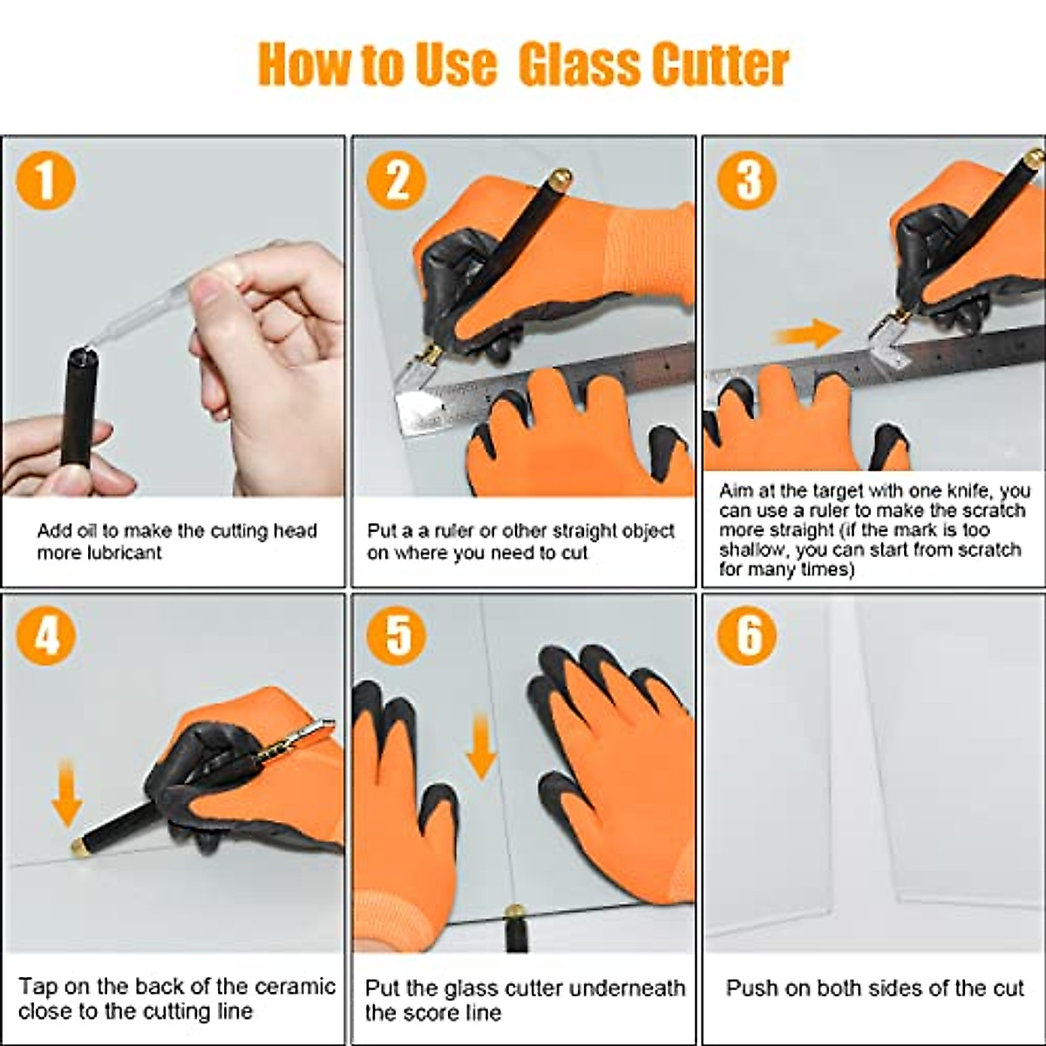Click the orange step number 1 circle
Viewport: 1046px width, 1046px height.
click(45, 180)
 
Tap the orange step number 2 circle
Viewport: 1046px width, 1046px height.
click(397, 180)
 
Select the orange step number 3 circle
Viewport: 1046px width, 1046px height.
click(748, 180)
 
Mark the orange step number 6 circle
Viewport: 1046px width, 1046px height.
click(748, 635)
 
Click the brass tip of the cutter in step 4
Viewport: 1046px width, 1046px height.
click(76, 844)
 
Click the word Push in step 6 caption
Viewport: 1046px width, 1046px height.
click(752, 988)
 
